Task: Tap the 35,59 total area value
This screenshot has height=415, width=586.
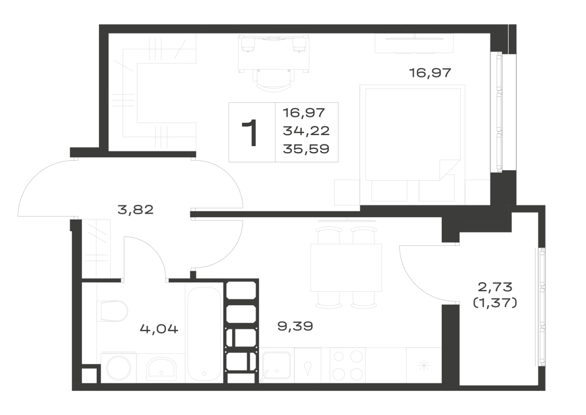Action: point(306,149)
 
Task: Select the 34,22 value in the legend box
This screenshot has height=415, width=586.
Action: point(306,130)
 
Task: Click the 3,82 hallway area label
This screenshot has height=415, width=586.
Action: point(135,210)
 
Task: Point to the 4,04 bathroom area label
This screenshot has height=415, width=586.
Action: point(159,329)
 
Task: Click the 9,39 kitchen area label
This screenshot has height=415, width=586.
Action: point(295,326)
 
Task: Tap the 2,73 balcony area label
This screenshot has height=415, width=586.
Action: point(495,288)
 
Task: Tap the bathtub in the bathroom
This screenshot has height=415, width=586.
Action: point(204,332)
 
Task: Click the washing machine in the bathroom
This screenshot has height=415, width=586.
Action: point(118,367)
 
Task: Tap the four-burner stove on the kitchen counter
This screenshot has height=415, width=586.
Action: point(348,365)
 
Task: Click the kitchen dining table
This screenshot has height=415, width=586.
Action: point(346,268)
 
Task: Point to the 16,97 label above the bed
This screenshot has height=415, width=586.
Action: point(430,73)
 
